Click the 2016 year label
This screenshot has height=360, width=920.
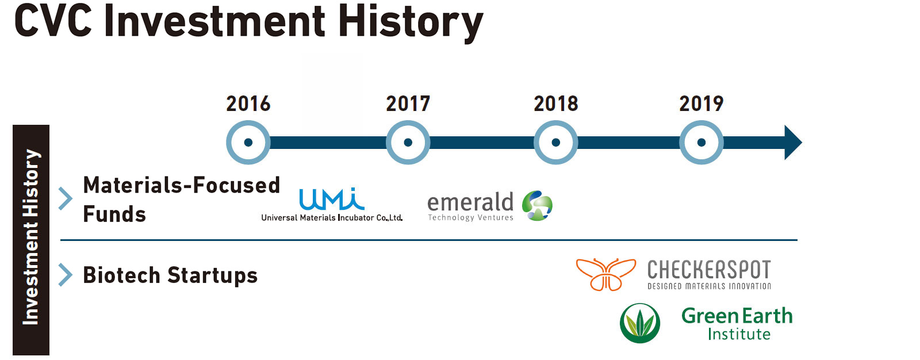[x=248, y=104]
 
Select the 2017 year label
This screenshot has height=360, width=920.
[x=408, y=104]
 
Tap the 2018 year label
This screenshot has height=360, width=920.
[x=555, y=104]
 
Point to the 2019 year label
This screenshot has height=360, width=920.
[x=701, y=104]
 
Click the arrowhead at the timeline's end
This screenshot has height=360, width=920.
[x=793, y=142]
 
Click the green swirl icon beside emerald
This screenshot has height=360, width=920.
[x=537, y=205]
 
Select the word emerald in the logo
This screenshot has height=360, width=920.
[x=470, y=202]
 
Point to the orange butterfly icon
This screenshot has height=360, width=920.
[x=606, y=274]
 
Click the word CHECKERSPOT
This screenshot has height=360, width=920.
[x=709, y=270]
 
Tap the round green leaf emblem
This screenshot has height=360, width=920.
[x=640, y=323]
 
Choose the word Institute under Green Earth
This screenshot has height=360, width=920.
[x=739, y=334]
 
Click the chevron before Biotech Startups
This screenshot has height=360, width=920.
[x=66, y=274]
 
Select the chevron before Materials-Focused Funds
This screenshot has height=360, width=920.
[x=66, y=198]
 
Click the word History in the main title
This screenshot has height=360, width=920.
[x=411, y=23]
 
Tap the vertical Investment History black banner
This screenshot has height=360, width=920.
[x=31, y=240]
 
